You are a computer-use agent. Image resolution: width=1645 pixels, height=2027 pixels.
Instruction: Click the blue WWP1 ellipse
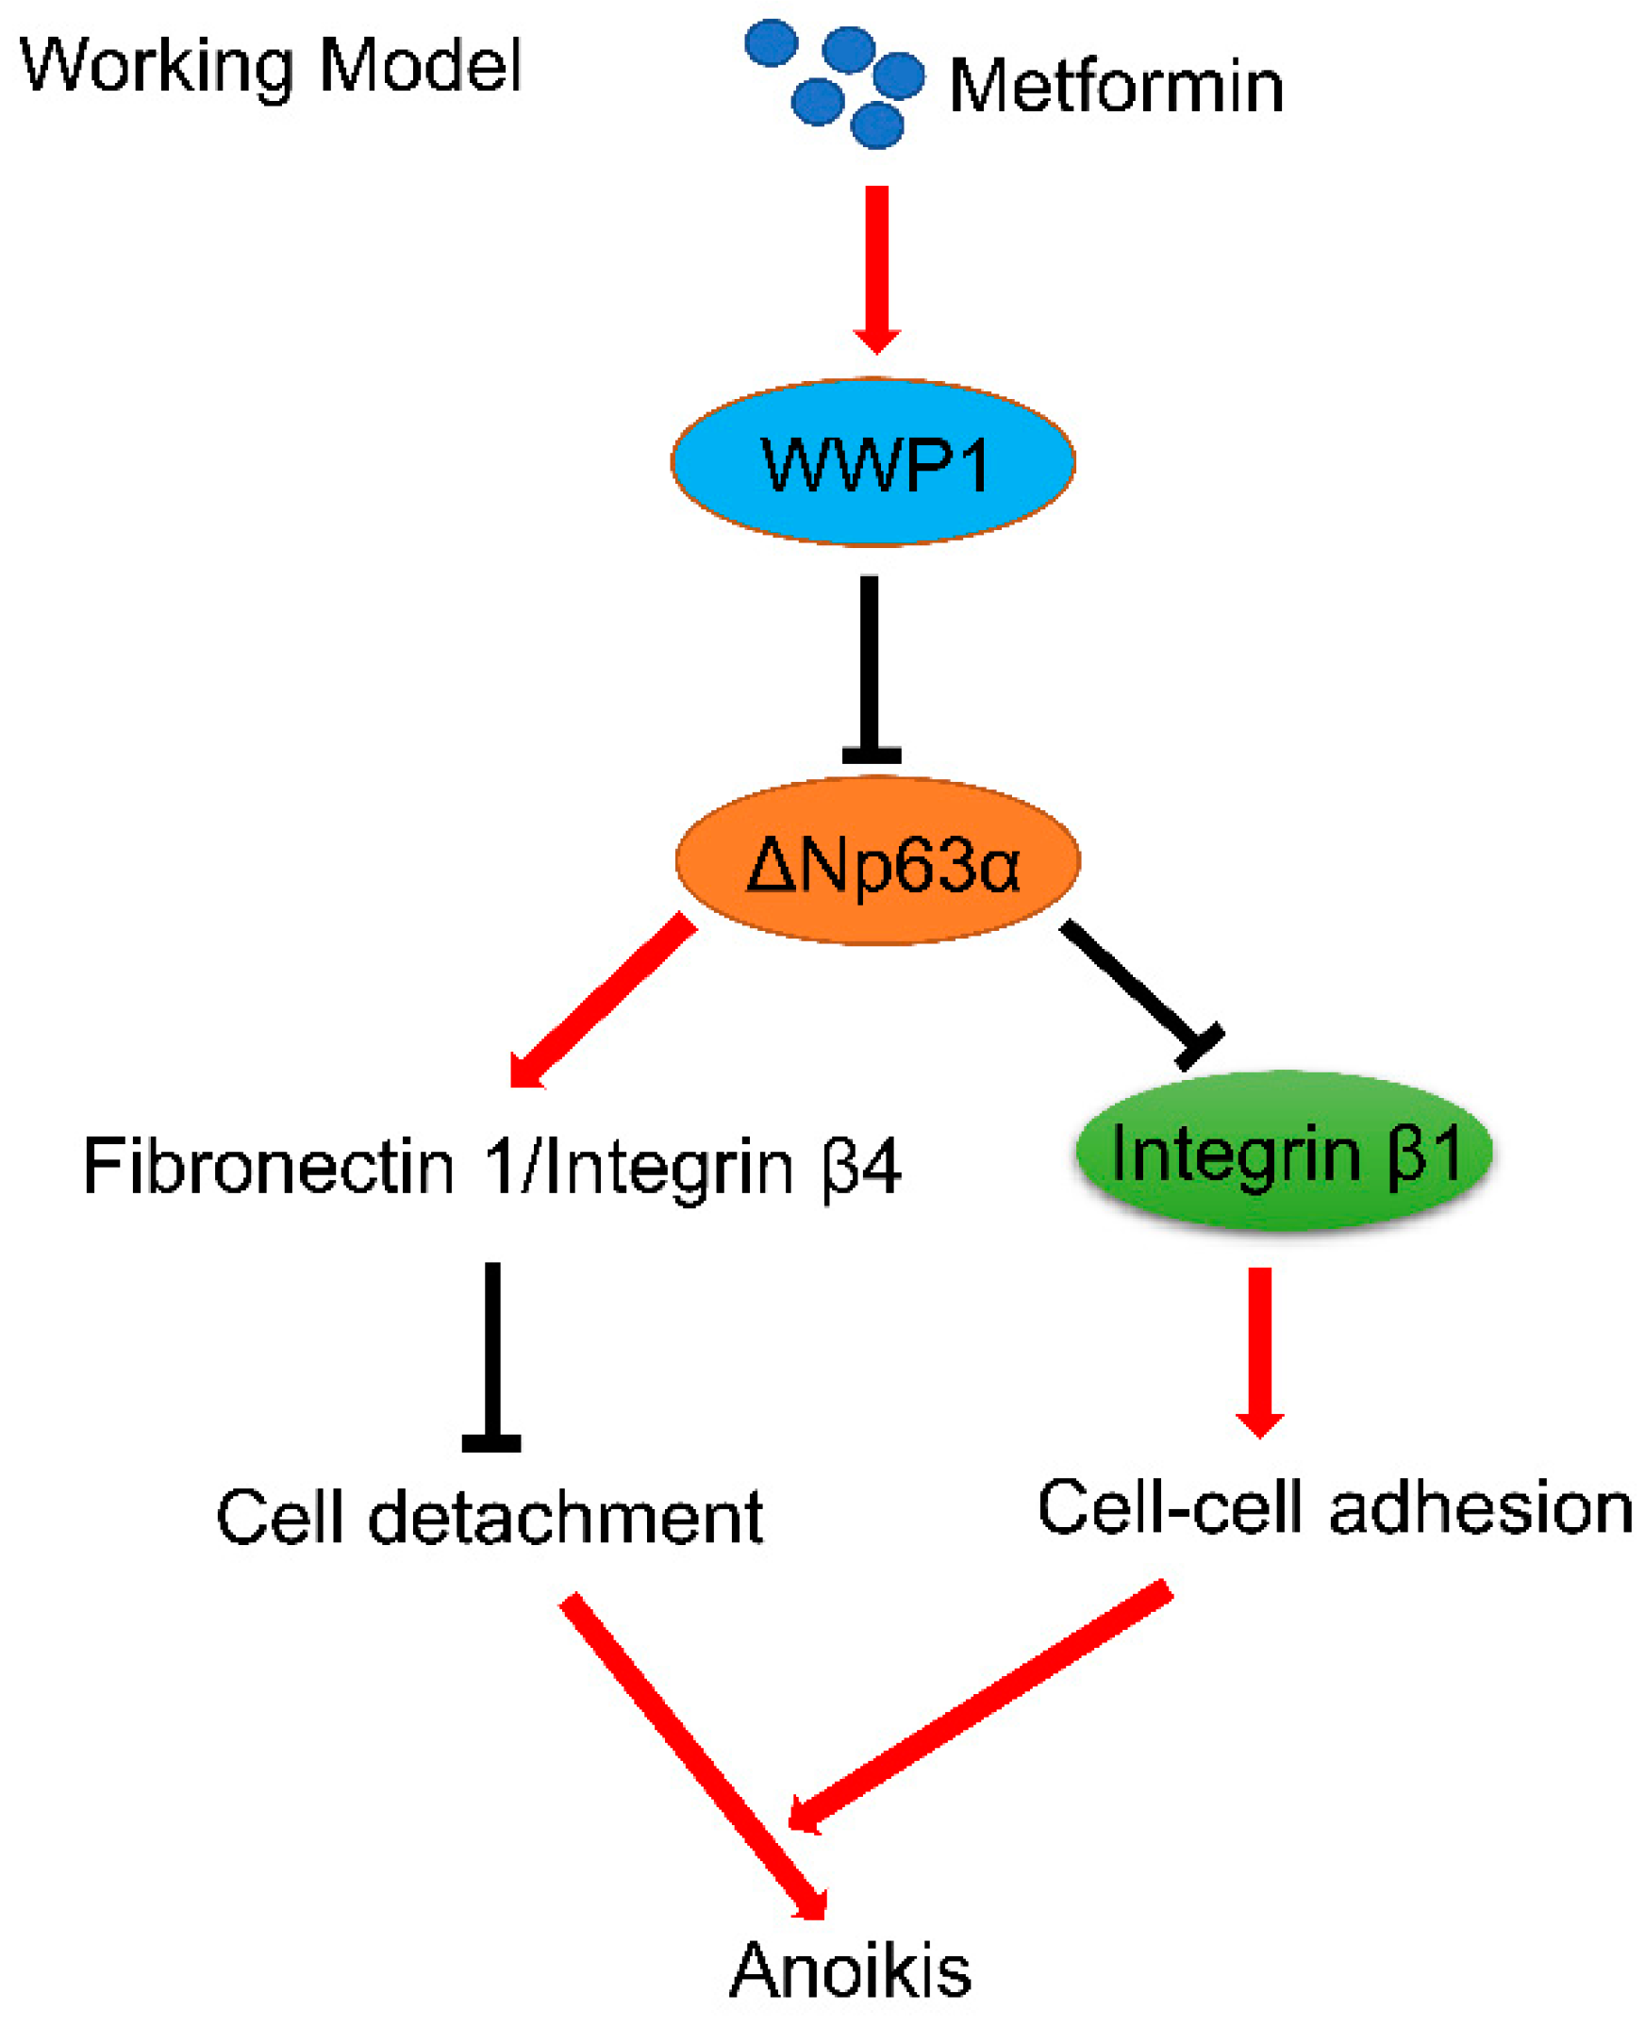[872, 462]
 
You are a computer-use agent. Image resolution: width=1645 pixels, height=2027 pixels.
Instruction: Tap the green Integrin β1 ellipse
[1283, 1153]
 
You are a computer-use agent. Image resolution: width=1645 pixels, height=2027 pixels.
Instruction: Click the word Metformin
[1115, 87]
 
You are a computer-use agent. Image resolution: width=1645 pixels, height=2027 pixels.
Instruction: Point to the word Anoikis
[850, 1972]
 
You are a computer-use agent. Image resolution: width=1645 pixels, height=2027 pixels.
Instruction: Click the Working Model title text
[271, 66]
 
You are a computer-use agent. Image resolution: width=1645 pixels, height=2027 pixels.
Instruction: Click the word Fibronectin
[269, 1167]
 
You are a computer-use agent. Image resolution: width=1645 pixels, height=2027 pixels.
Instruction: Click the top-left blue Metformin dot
[772, 43]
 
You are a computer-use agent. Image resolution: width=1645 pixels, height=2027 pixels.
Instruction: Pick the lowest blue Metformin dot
[877, 125]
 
